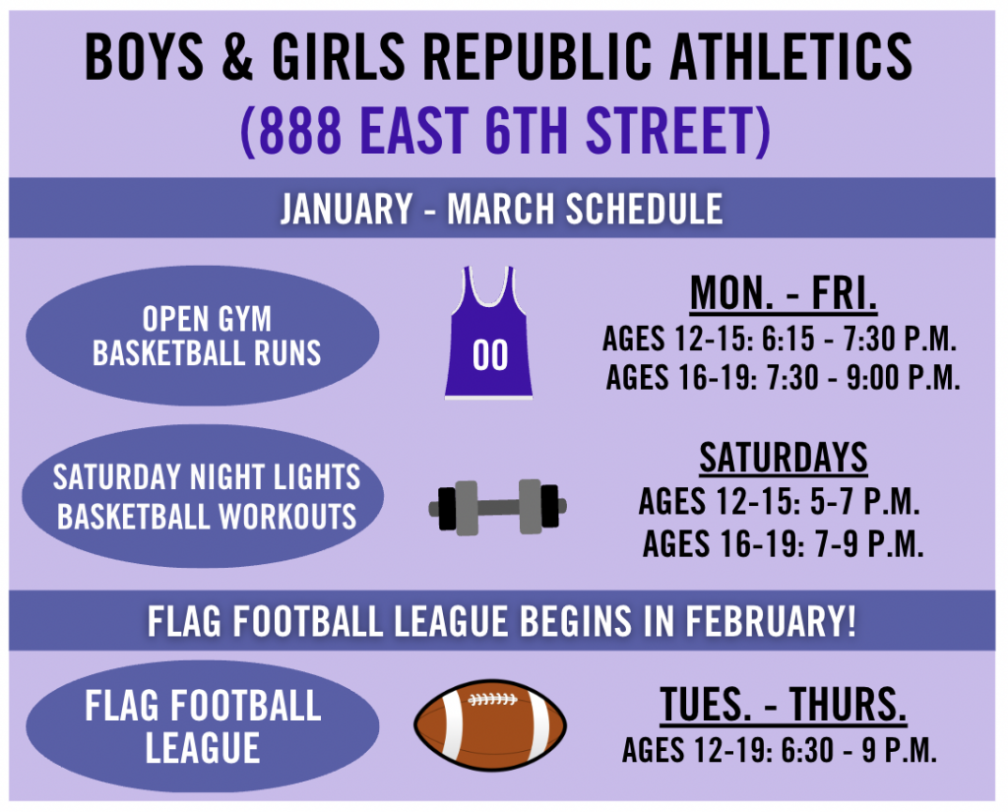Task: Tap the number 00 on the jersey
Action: click(490, 355)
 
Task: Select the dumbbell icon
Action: click(497, 507)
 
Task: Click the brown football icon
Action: click(490, 724)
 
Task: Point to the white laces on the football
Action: click(492, 699)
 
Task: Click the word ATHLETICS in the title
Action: click(790, 57)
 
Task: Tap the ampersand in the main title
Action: click(237, 57)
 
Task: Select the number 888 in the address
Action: click(299, 131)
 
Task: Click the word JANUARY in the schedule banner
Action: click(346, 209)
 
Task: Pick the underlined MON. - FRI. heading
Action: click(783, 293)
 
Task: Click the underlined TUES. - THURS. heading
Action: click(783, 705)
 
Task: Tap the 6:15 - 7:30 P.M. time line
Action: click(859, 339)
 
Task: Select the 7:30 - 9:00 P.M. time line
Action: click(863, 377)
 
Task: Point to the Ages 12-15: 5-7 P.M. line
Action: click(780, 502)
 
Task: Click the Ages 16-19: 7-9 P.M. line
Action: click(783, 544)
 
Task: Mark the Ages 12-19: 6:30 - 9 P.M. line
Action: click(780, 750)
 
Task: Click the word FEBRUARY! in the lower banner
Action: click(771, 621)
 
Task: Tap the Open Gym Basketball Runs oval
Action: click(203, 336)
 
